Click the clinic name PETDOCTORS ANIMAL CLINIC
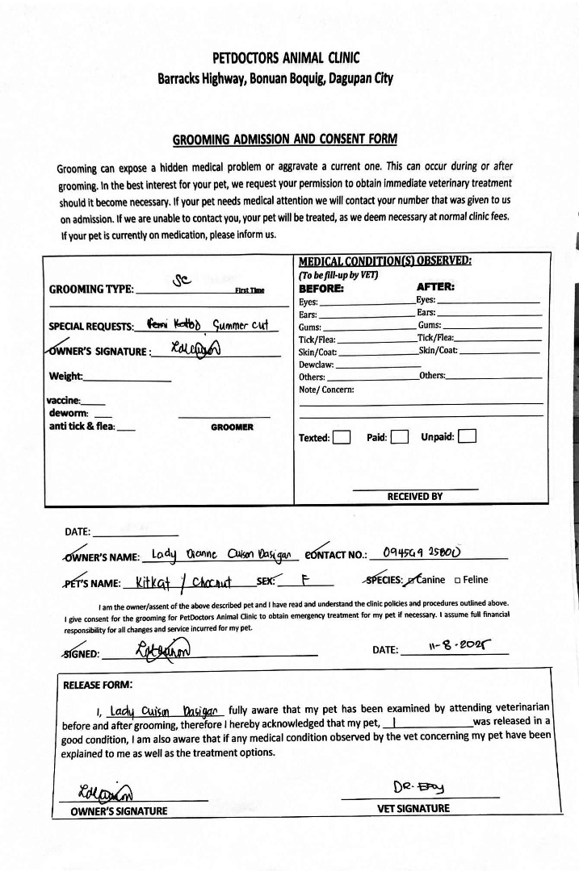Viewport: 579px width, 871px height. click(x=286, y=58)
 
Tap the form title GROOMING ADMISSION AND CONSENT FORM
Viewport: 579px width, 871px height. click(x=285, y=140)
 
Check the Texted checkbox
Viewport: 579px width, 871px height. click(x=342, y=437)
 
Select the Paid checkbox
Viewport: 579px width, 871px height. click(x=399, y=437)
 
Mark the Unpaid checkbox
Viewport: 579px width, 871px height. click(x=467, y=437)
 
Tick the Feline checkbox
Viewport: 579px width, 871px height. click(x=458, y=579)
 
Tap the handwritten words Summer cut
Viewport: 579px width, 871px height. click(x=240, y=325)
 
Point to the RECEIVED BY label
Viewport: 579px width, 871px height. click(x=415, y=496)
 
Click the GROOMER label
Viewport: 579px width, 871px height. click(x=232, y=427)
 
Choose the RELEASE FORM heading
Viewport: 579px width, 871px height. click(x=98, y=685)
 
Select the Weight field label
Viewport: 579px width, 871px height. click(x=65, y=376)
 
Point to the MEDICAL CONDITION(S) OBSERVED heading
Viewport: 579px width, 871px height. click(x=384, y=260)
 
